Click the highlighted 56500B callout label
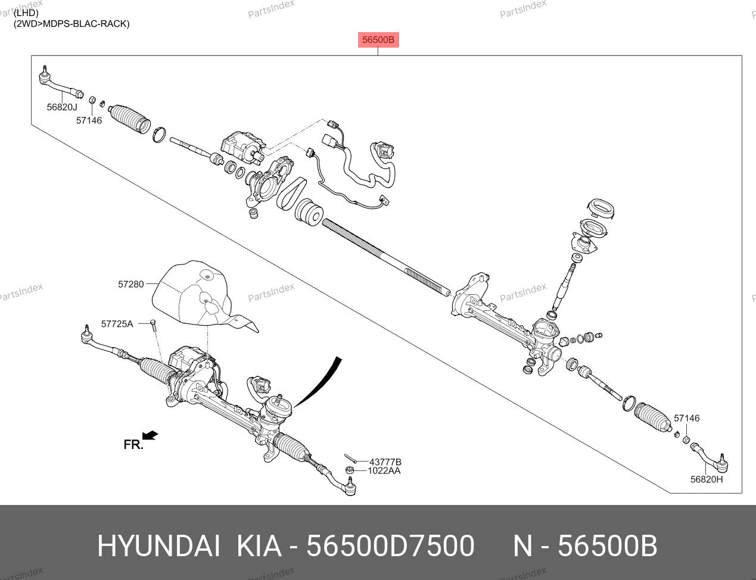[378, 40]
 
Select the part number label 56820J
[62, 107]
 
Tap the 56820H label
[707, 479]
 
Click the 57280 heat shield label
[131, 285]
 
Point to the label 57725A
[117, 324]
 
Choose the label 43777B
[385, 462]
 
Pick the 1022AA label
[384, 471]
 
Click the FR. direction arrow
[150, 435]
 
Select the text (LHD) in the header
[26, 13]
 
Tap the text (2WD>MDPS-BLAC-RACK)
[71, 24]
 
